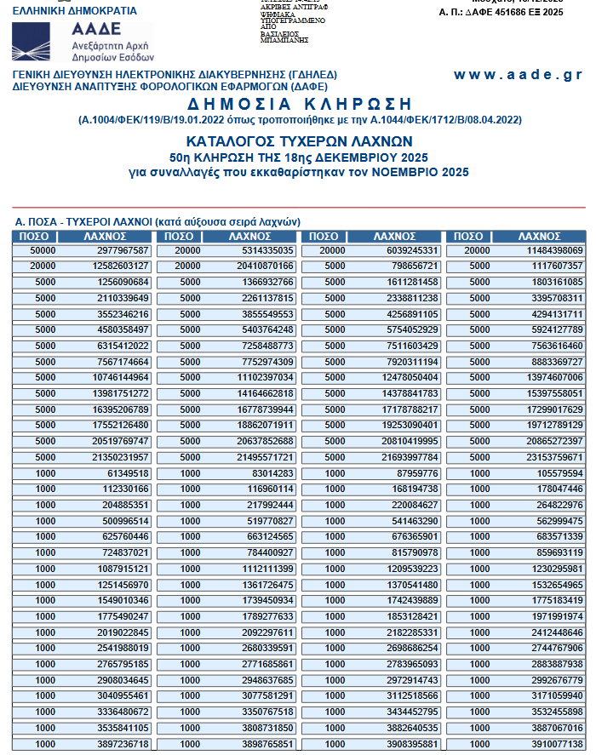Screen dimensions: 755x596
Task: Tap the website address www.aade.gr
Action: [x=518, y=75]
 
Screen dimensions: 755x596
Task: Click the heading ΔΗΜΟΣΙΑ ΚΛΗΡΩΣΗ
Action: [x=299, y=104]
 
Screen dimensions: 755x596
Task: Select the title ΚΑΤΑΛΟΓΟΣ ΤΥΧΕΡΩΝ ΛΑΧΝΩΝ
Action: [x=299, y=140]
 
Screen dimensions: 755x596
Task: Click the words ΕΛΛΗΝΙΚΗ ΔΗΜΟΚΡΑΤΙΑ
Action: [x=75, y=11]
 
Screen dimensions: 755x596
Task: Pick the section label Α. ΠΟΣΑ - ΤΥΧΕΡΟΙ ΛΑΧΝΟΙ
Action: [x=158, y=221]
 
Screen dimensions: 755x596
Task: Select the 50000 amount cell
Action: [x=43, y=250]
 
